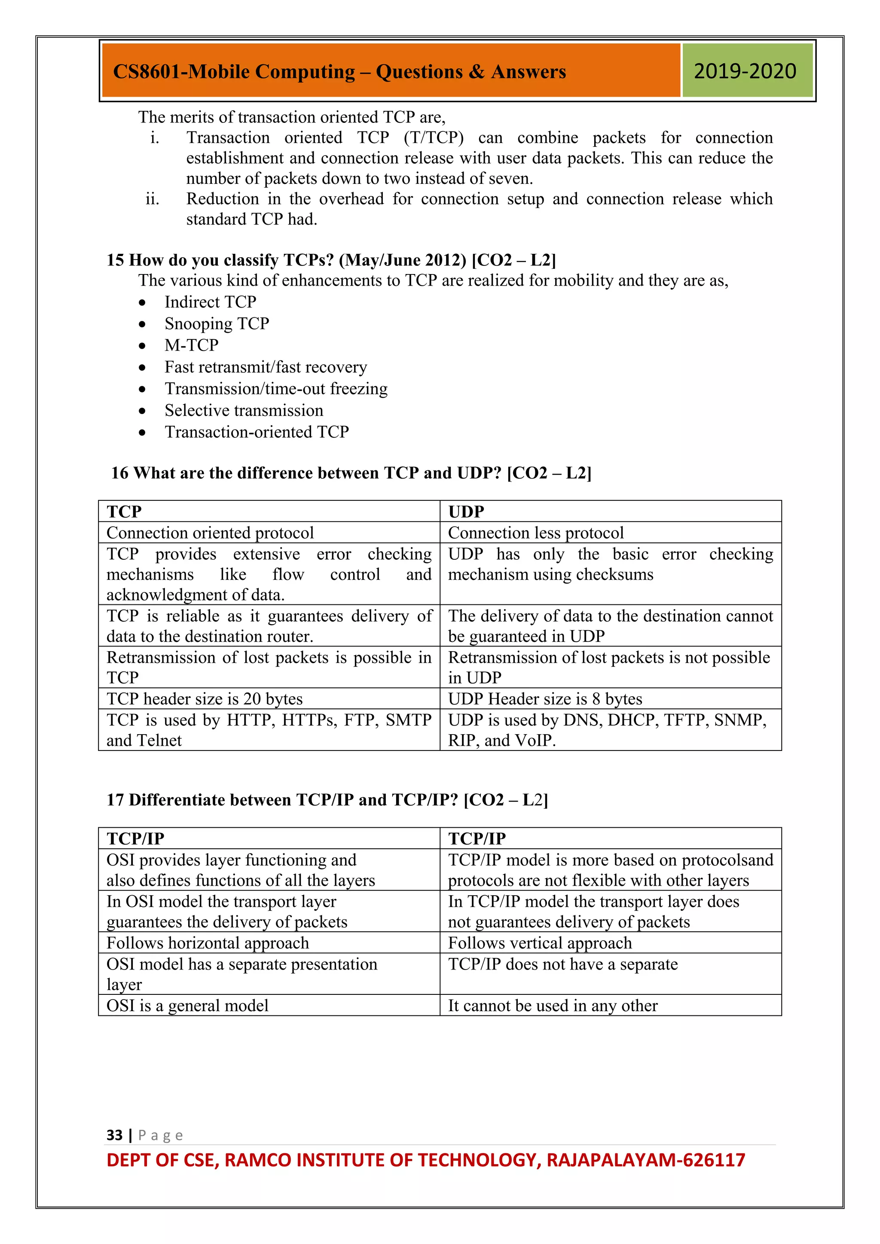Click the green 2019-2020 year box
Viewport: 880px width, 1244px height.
point(747,71)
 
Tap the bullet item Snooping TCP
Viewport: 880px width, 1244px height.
point(217,323)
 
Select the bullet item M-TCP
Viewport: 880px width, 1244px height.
point(191,345)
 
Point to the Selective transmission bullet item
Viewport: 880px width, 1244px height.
point(244,410)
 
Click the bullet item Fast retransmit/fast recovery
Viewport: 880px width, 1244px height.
point(266,367)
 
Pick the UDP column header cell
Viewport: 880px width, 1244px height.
point(610,511)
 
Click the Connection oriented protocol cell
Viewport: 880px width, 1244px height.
point(269,533)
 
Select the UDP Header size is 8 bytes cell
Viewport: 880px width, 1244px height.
point(610,698)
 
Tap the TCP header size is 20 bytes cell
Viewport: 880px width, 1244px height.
point(269,698)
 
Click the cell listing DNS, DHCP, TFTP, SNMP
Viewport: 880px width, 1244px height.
point(610,729)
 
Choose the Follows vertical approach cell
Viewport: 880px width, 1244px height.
point(610,943)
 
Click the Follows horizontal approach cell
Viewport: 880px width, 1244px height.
point(269,943)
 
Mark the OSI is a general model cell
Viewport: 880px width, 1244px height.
point(269,1006)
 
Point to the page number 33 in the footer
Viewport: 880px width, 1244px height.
point(114,1134)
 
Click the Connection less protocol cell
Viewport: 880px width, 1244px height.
point(610,533)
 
